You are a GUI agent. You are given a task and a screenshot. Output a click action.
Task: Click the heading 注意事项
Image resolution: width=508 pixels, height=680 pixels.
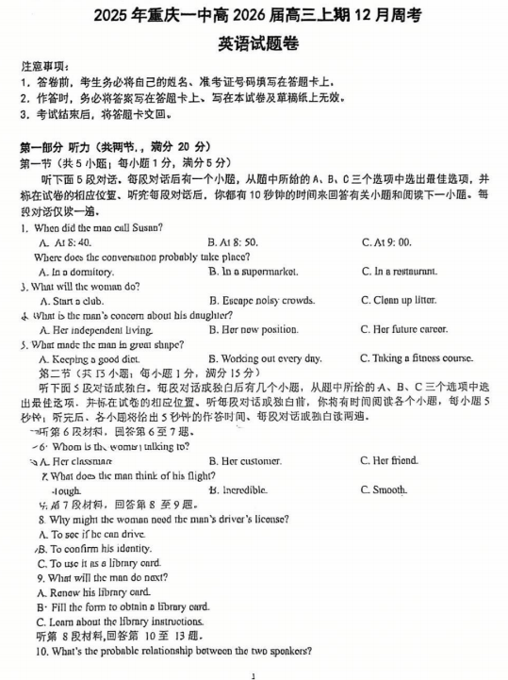(43, 69)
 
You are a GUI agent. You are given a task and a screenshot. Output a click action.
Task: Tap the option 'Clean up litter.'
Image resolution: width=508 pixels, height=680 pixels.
(398, 301)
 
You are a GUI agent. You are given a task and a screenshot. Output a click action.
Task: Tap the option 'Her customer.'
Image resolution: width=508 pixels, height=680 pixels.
(244, 461)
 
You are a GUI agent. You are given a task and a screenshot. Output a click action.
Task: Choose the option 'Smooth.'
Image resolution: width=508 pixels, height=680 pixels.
(384, 489)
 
